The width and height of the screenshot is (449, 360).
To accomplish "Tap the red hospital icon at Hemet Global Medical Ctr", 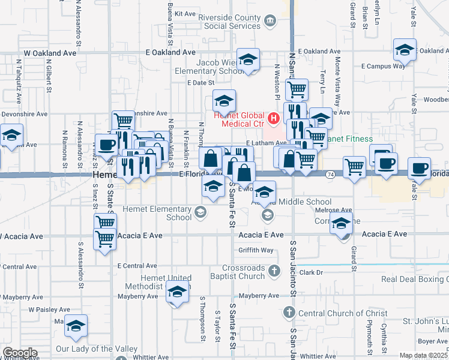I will (273, 118).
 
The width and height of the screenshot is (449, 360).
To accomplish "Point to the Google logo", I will (19, 353).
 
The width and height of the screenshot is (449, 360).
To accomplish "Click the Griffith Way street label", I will (256, 250).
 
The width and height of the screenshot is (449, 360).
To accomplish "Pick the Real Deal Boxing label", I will (414, 279).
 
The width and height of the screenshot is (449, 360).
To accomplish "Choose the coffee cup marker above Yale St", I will (418, 169).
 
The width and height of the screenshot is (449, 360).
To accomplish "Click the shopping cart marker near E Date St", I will (297, 90).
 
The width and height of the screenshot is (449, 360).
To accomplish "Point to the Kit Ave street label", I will (185, 13).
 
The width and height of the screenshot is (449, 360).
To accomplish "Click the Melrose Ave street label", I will (333, 211).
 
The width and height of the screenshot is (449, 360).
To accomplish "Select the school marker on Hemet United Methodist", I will (177, 293).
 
